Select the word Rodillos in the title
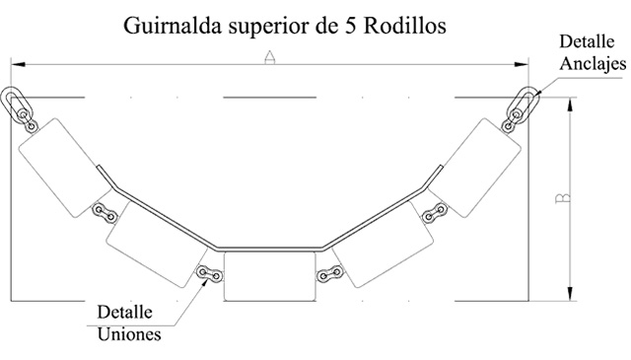click(405, 26)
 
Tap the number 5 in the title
click(349, 27)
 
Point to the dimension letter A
click(269, 57)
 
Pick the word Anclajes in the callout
click(593, 64)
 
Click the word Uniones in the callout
click(129, 333)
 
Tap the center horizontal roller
click(269, 276)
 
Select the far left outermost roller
click(65, 168)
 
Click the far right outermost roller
click(475, 168)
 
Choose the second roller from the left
click(158, 245)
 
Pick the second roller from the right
click(383, 245)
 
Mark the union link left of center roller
click(209, 274)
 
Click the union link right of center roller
click(330, 274)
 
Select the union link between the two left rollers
click(105, 213)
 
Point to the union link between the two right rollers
click(435, 213)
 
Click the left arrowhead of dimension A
click(18, 64)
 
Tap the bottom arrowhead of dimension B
click(570, 293)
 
